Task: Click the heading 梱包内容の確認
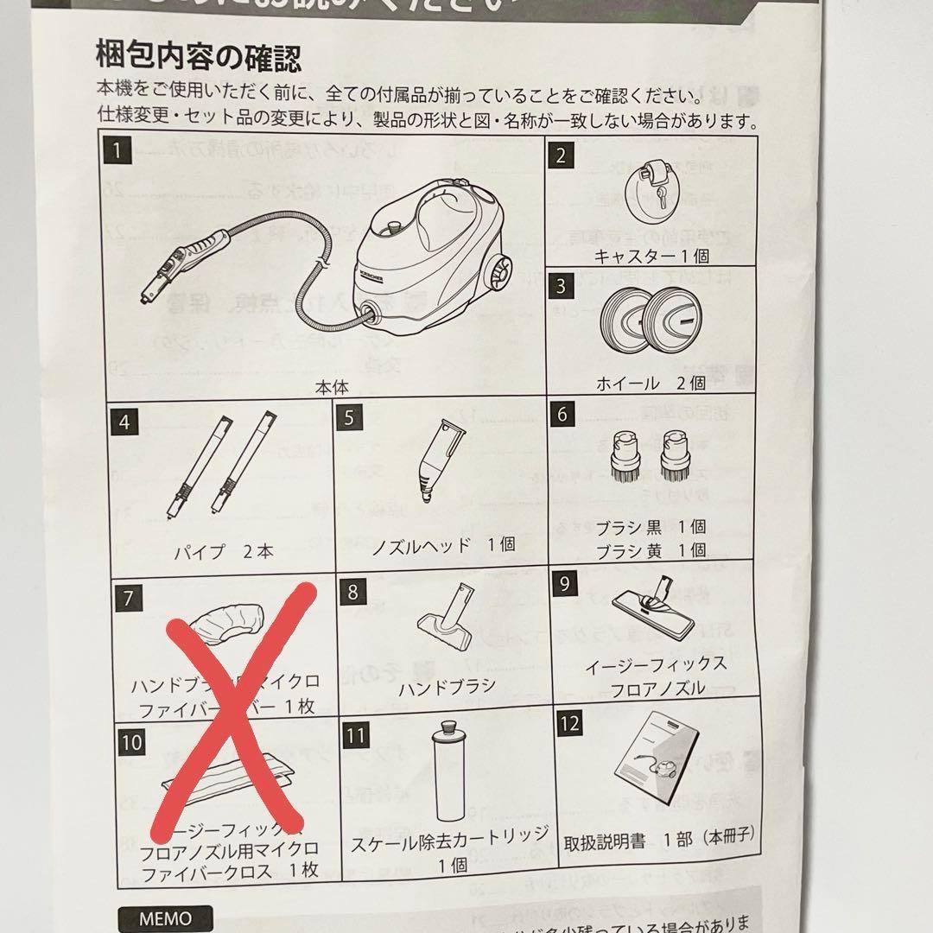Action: pos(199,60)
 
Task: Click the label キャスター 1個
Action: pos(652,256)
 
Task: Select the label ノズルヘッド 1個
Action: pos(443,544)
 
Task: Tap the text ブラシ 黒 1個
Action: pos(652,526)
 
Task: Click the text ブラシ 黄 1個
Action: pos(652,549)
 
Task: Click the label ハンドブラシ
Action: pos(447,688)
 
